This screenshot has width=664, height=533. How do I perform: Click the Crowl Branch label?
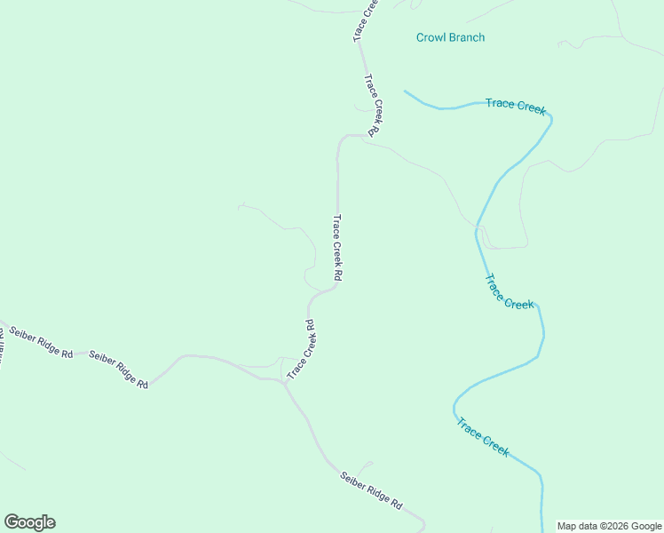pos(450,37)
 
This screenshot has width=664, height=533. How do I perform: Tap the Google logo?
pos(29,522)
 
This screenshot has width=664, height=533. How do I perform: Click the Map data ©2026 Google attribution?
pos(609,526)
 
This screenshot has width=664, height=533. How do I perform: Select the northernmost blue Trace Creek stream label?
pos(515,106)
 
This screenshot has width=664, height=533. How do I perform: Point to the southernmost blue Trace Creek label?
pos(483,437)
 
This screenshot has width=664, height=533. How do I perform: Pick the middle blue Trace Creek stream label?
pos(509,291)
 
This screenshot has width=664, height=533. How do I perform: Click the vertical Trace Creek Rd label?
pos(337,248)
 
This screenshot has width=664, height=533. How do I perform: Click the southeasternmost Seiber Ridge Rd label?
pos(371,489)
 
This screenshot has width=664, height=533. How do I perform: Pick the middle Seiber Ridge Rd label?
pos(119,368)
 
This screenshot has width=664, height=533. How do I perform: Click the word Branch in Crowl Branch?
pos(467,37)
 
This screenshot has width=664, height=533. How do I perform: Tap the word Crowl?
pos(431,37)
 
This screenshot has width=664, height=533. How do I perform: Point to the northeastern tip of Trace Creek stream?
pos(550,118)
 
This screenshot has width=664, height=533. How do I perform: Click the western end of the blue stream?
pos(405,91)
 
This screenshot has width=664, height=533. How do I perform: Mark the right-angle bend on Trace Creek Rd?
pos(339,138)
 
